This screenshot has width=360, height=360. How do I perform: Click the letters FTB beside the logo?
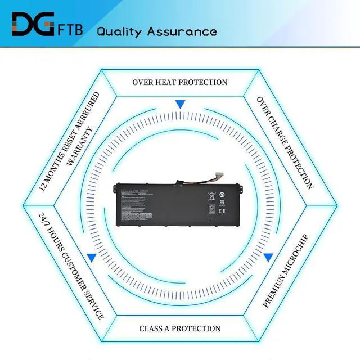coord(70,29)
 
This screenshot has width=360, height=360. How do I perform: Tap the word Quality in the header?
coord(119,31)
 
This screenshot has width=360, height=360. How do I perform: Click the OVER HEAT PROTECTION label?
coord(180,82)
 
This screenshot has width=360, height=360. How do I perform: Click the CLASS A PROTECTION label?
coord(180,328)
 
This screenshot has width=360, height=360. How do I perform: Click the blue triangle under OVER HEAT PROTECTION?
coord(180,104)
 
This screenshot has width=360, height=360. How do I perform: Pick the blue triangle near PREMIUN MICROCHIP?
coord(268,257)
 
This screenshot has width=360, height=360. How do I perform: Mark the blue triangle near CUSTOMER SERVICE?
coord(91,257)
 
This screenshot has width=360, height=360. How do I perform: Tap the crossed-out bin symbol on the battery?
coord(212,197)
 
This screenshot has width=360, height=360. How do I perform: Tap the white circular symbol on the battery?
coord(222,195)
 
